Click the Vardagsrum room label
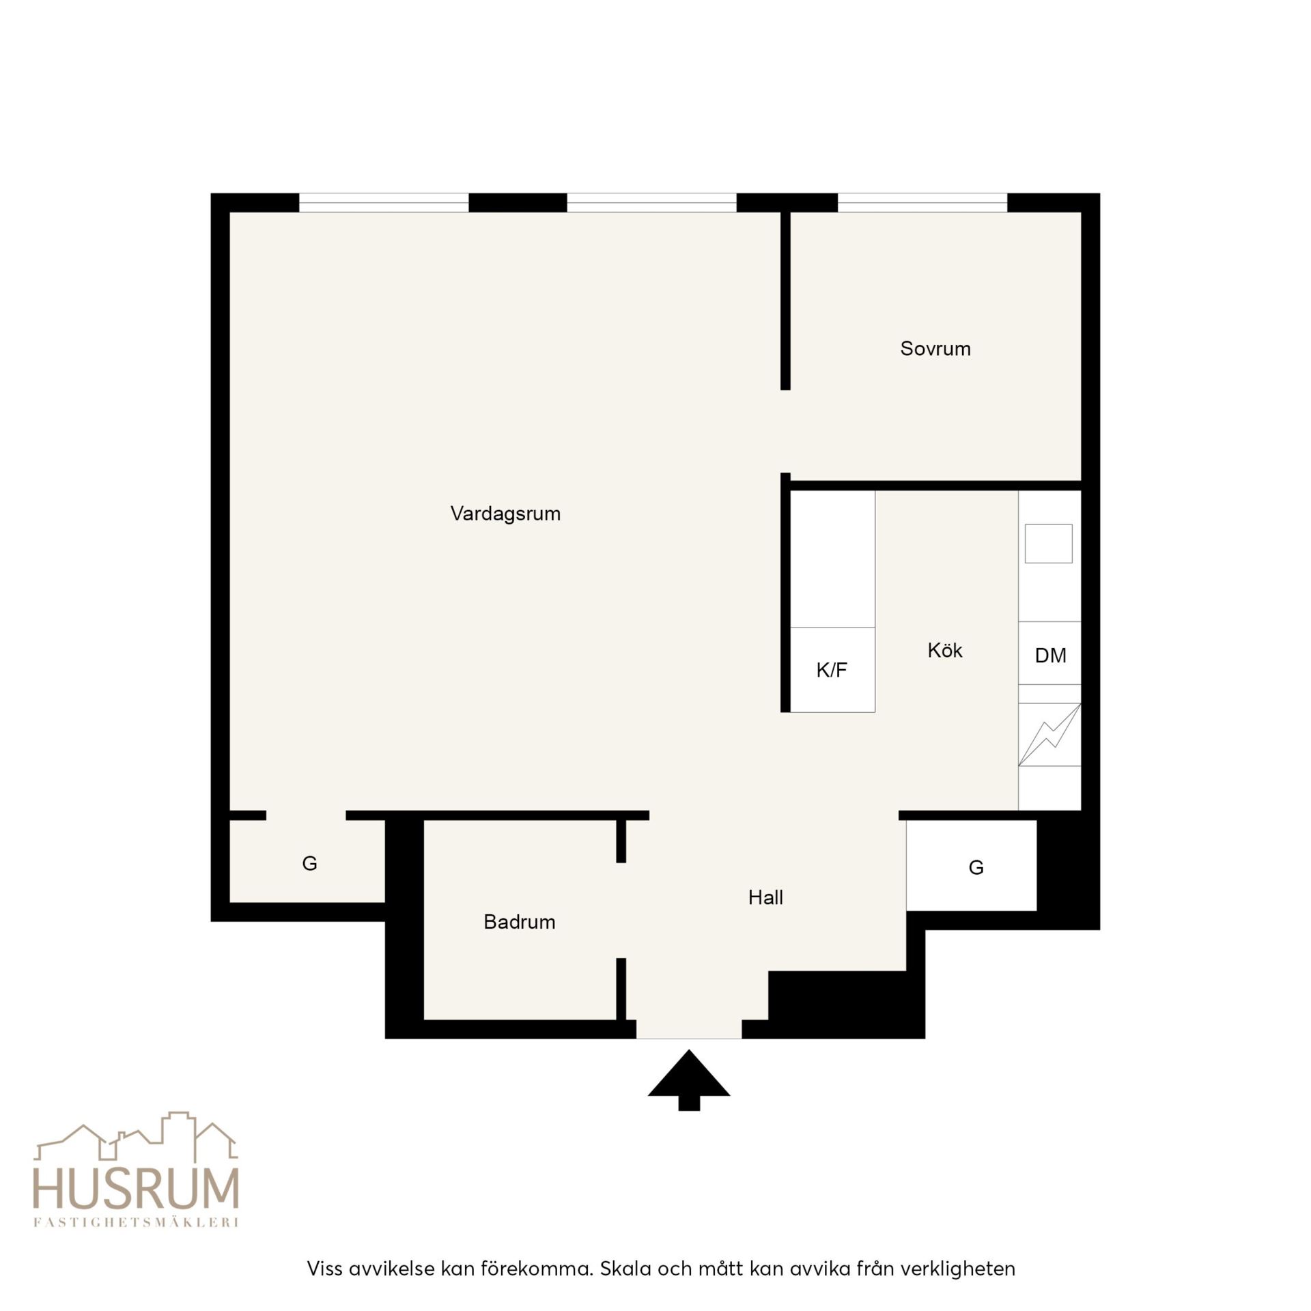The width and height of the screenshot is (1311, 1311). [x=505, y=513]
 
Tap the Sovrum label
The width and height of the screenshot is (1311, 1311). [x=935, y=348]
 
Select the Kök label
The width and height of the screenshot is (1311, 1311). [x=945, y=649]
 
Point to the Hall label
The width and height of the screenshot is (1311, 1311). [x=765, y=897]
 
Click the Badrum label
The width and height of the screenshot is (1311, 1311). [x=520, y=922]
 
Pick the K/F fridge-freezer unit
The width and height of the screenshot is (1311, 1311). [x=832, y=669]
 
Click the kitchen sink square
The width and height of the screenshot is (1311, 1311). [x=1049, y=544]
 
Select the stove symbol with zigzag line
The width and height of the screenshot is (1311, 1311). [x=1049, y=735]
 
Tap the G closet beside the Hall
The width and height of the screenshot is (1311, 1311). [x=971, y=866]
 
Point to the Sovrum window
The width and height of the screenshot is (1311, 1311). [x=922, y=203]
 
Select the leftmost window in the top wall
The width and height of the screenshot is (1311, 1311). [x=384, y=203]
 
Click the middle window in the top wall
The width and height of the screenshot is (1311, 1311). [x=651, y=203]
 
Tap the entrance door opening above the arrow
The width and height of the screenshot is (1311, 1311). [x=689, y=1029]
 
